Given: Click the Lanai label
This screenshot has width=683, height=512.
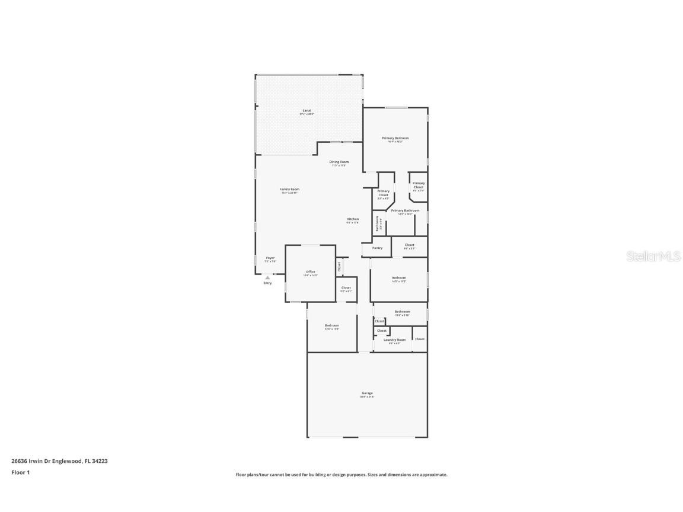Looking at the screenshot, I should (307, 110).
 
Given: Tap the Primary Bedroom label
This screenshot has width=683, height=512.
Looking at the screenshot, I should (395, 138).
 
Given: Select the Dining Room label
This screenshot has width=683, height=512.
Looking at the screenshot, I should (339, 162).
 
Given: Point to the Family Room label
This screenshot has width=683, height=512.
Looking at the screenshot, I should (289, 190).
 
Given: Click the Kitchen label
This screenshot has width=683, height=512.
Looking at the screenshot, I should (353, 219).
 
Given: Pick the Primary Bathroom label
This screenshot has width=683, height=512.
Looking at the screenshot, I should (405, 210).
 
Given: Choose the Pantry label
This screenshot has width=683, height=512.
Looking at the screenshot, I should (377, 248).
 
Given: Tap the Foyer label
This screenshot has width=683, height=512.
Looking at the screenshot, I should (270, 258).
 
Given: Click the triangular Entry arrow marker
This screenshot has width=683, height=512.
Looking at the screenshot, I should (267, 277).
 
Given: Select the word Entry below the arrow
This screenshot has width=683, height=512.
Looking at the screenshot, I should (267, 283).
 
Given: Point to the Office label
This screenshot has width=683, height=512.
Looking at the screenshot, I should (310, 272).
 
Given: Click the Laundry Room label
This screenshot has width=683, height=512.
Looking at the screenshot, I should (394, 340).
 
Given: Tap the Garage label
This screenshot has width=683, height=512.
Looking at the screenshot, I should (367, 393).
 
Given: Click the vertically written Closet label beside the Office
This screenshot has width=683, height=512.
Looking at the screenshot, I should (339, 267).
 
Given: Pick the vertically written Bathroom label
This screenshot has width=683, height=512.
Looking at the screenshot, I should (377, 224).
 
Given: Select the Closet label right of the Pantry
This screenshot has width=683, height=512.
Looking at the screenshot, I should (409, 245).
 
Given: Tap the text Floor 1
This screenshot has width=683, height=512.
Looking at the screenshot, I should (20, 472).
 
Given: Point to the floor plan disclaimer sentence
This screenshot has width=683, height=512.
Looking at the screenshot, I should (341, 475).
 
